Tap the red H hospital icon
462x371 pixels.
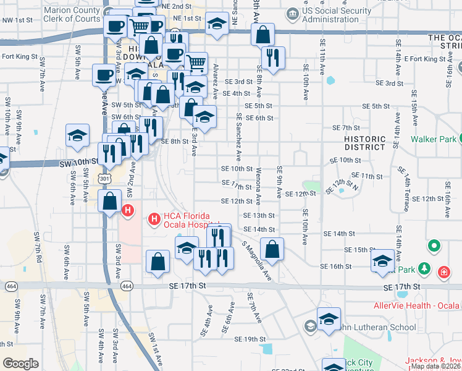click(128, 210)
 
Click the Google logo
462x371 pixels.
click(20, 363)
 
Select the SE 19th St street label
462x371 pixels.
click(250, 339)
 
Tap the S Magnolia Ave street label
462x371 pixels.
click(257, 259)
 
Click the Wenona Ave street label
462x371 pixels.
click(258, 185)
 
